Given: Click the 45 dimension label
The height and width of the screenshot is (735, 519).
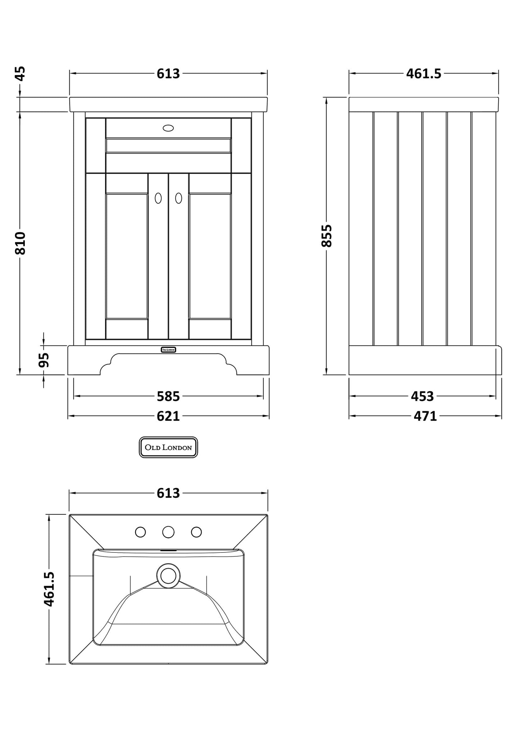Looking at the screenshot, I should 20,74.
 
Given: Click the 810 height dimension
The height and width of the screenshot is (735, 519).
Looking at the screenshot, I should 20,243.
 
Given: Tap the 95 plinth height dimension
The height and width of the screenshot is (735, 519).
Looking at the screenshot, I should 43,360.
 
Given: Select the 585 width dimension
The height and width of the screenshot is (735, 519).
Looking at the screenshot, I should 168,396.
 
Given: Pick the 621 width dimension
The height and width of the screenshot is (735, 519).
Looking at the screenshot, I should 168,416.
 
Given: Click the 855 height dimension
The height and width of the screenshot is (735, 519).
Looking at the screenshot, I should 326,236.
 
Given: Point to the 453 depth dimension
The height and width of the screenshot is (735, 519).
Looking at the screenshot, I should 422,396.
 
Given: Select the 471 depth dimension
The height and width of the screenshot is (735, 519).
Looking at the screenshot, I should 425,416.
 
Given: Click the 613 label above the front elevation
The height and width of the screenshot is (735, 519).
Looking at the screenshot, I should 168,74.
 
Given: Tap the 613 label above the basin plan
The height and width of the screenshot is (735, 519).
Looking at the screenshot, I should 168,493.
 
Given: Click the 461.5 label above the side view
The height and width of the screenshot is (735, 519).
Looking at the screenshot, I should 423,74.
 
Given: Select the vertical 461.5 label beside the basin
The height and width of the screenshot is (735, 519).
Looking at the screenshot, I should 49,589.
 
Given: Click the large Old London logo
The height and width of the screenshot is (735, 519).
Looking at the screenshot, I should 168,447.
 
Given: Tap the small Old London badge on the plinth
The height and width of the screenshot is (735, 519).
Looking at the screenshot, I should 168,349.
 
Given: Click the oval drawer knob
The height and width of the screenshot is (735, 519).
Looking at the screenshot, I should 168,128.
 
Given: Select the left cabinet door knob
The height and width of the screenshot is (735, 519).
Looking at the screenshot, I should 158,198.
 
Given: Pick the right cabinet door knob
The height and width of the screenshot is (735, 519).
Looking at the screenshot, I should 179,198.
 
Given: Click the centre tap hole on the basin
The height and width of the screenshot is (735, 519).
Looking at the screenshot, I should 168,532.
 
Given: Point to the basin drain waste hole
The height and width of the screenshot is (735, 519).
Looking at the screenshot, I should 168,576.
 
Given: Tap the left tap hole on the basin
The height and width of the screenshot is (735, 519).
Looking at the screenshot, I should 140,532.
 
